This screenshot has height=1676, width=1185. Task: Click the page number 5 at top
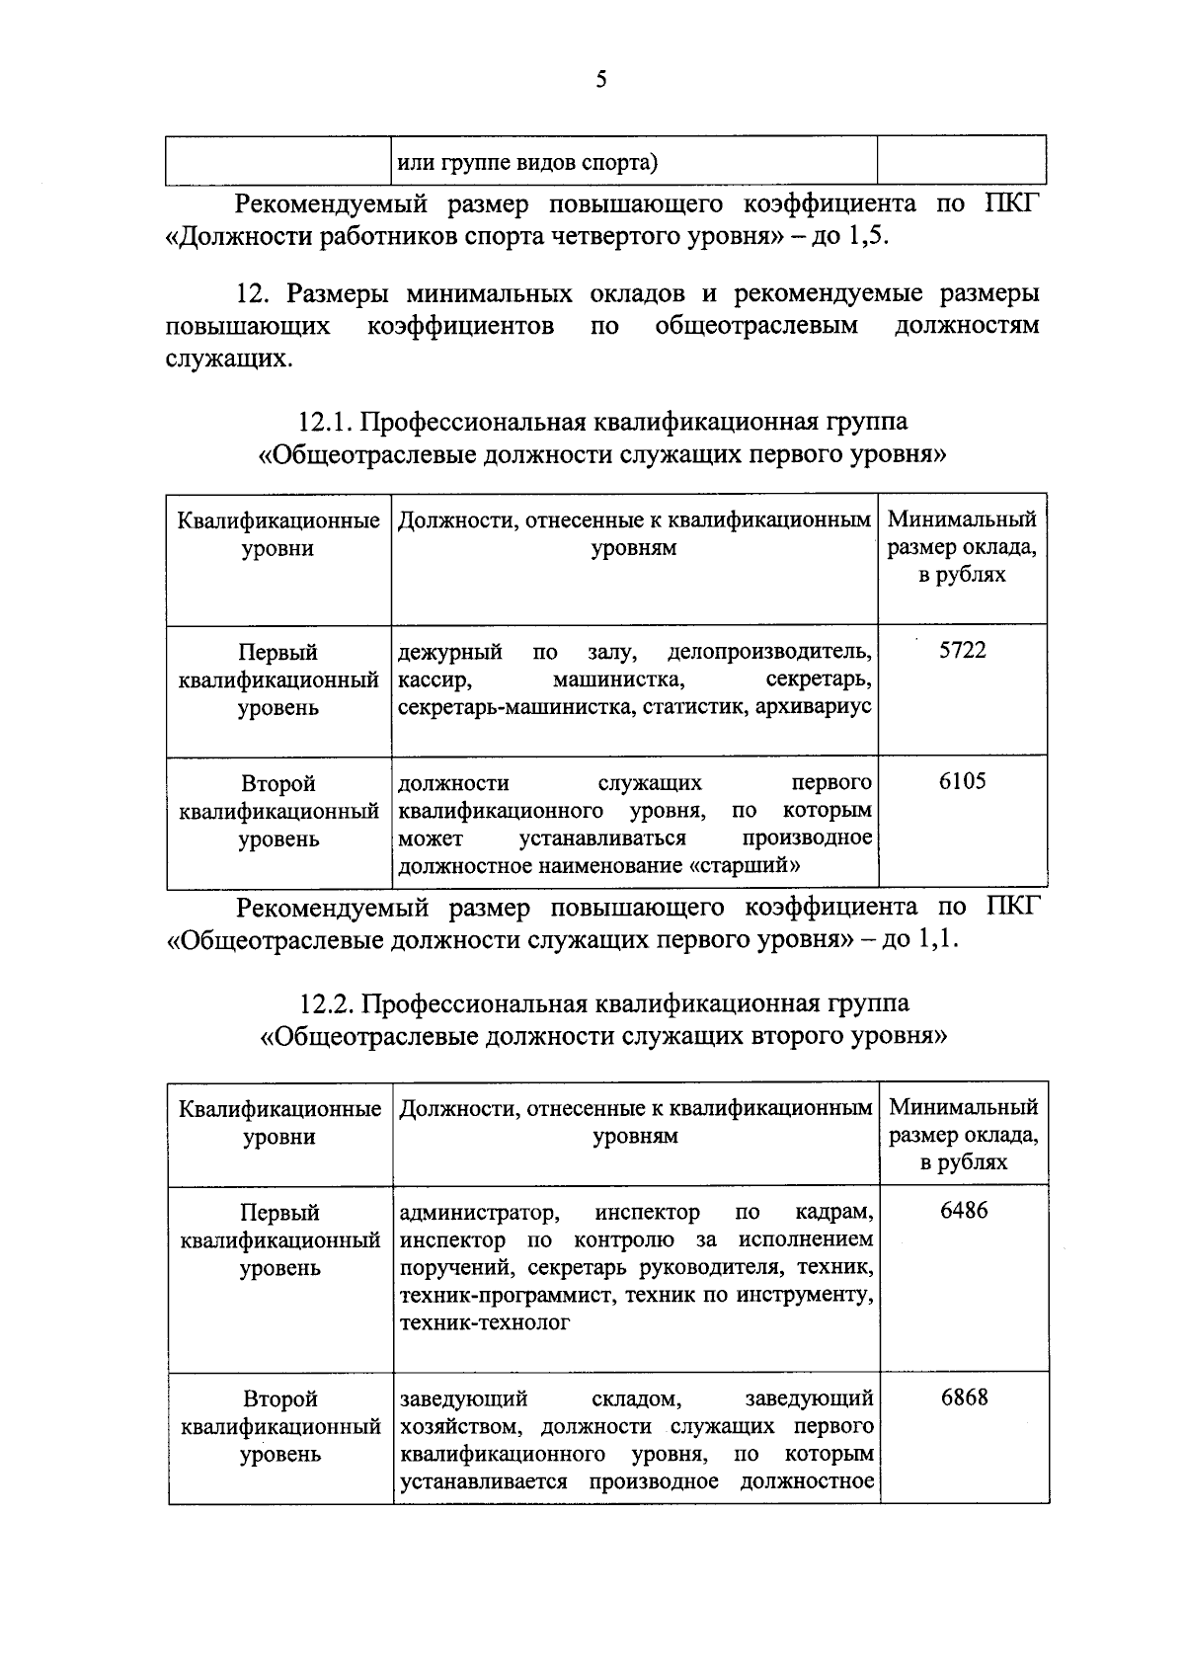[x=600, y=80]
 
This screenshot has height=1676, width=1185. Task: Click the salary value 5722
[x=962, y=651]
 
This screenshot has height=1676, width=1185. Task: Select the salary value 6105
[x=962, y=782]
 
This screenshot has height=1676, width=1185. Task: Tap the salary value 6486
[x=964, y=1211]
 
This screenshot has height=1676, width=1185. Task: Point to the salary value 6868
[x=964, y=1397]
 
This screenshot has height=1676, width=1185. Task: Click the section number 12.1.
[x=326, y=422]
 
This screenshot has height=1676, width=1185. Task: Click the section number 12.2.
[x=327, y=1003]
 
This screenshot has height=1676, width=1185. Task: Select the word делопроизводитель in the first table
[x=769, y=652]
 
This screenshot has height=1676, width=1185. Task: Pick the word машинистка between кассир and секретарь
[x=616, y=679]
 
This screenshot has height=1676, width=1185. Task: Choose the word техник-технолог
[x=484, y=1322]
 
